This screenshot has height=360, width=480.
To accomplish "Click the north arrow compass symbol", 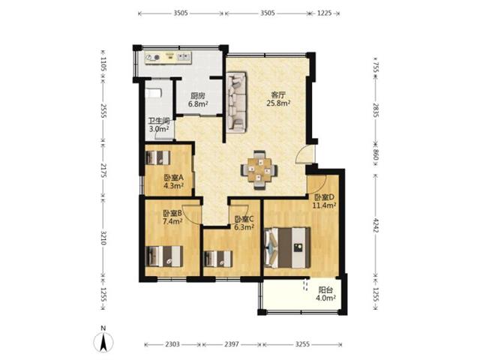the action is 103,340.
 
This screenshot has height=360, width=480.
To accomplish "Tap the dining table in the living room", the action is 259,169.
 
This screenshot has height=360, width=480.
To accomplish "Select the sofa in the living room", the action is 236,102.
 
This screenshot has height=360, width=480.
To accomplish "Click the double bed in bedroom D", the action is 286,247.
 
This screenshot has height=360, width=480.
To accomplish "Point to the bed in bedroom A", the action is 158,157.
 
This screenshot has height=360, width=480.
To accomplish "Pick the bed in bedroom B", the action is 164,256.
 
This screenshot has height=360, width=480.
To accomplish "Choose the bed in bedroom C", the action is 218,259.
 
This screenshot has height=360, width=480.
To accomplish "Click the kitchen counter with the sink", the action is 168,58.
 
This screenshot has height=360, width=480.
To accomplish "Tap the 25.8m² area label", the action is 278,103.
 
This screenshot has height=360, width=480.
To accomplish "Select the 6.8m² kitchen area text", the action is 198,103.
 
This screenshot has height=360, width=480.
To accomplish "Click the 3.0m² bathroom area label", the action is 159,129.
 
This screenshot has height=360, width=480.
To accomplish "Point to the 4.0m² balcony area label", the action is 326,297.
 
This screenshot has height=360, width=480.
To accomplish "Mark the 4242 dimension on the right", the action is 376,225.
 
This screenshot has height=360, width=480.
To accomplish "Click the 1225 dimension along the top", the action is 325,13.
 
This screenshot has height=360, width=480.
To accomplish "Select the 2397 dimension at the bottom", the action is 232,344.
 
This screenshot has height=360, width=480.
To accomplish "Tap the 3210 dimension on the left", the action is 103,238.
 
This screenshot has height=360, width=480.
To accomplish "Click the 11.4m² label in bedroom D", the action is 324,205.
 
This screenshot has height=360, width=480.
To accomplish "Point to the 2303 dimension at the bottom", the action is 172,344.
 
